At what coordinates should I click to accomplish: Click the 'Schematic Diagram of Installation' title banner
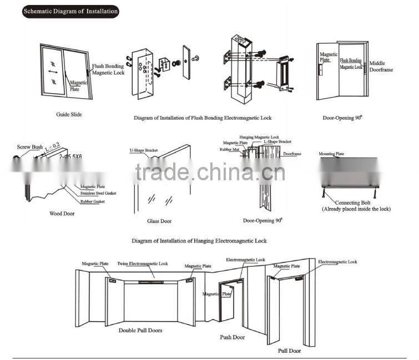click(x=70, y=11)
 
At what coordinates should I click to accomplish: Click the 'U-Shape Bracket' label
click(x=144, y=150)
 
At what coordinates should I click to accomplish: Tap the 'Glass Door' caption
click(x=159, y=221)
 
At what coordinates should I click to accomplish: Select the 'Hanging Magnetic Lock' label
click(x=259, y=136)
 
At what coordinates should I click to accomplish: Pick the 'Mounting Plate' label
click(x=331, y=154)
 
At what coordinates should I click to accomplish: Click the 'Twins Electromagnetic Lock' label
click(x=142, y=264)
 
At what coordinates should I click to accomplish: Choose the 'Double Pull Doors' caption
click(x=140, y=330)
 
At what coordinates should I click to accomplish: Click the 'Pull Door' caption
click(x=289, y=351)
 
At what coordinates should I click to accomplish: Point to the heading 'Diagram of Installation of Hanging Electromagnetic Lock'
click(x=199, y=241)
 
